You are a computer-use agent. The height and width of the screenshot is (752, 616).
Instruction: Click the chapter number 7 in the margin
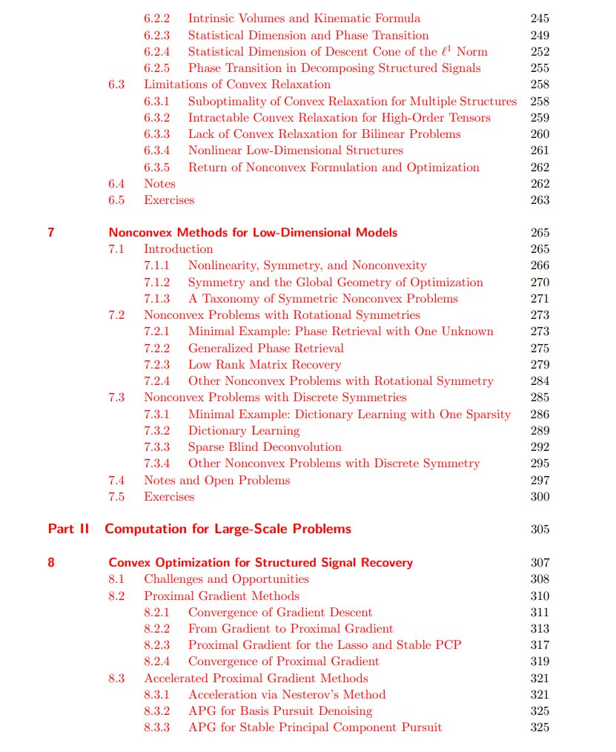point(51,233)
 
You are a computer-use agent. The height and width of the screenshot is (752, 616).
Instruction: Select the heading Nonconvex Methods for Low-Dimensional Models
point(253,233)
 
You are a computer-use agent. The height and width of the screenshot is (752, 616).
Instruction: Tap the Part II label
point(68,529)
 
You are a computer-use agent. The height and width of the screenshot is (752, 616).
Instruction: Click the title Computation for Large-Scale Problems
point(228,529)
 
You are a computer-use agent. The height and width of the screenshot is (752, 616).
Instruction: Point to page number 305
point(540,530)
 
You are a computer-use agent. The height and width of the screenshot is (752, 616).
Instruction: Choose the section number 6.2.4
point(156,52)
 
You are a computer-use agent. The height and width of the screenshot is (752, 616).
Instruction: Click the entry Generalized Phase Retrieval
point(265,349)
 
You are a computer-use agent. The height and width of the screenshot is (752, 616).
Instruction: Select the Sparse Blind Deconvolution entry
point(265,447)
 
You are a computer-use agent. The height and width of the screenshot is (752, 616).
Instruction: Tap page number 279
point(540,365)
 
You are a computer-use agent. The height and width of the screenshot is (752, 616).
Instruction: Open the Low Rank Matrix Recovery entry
point(265,365)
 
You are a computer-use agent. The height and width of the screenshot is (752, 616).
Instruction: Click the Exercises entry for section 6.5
point(169,200)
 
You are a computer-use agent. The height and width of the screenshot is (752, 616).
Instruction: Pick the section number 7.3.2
point(156,431)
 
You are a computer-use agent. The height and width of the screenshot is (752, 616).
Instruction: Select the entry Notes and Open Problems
point(216,481)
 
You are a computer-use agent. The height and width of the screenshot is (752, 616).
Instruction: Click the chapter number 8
point(51,563)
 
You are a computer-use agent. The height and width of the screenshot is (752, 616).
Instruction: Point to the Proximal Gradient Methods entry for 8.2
point(222,596)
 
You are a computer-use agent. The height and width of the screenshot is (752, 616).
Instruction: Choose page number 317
point(540,645)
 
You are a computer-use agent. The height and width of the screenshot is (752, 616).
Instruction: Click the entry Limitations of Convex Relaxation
point(237,85)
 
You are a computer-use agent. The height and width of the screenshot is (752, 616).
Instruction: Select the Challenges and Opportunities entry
point(226,579)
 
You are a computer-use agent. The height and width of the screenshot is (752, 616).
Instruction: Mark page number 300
point(540,497)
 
